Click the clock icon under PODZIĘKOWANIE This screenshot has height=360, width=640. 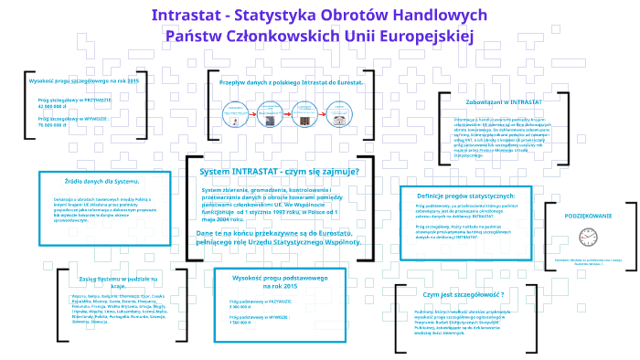click(x=587, y=237)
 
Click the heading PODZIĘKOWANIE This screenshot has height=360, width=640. click(x=587, y=214)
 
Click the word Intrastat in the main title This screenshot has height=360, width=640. click(x=187, y=15)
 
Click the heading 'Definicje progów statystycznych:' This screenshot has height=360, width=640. click(x=465, y=196)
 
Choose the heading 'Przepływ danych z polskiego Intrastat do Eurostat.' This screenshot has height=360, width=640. click(x=293, y=81)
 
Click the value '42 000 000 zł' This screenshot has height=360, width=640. click(x=53, y=106)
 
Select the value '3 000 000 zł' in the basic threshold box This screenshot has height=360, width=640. click(x=241, y=306)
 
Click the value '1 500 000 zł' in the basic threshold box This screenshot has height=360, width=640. click(x=241, y=322)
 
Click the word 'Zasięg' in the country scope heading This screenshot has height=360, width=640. click(x=93, y=276)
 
